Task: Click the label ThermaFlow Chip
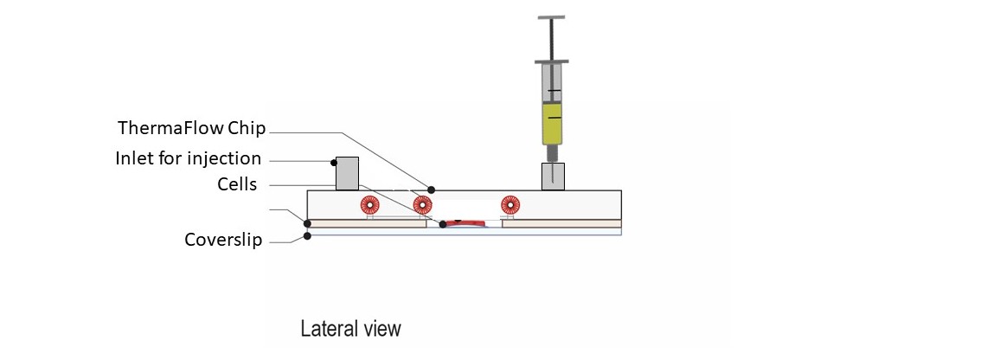pyautogui.click(x=192, y=129)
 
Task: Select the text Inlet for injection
pyautogui.click(x=188, y=158)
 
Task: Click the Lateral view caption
pyautogui.click(x=350, y=329)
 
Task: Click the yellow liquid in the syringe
pyautogui.click(x=552, y=123)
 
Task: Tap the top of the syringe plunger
pyautogui.click(x=552, y=16)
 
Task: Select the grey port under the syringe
pyautogui.click(x=553, y=176)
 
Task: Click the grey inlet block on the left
pyautogui.click(x=347, y=173)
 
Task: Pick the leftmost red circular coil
pyautogui.click(x=369, y=205)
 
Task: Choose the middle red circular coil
pyautogui.click(x=422, y=205)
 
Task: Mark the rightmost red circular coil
pyautogui.click(x=509, y=205)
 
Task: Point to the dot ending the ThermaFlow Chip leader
pyautogui.click(x=432, y=190)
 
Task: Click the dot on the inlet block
pyautogui.click(x=333, y=162)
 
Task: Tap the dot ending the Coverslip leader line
pyautogui.click(x=308, y=235)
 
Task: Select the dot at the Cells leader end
pyautogui.click(x=443, y=224)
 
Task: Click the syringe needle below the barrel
pyautogui.click(x=552, y=155)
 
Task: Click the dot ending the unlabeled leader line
pyautogui.click(x=308, y=223)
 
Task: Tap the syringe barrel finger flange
pyautogui.click(x=552, y=61)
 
